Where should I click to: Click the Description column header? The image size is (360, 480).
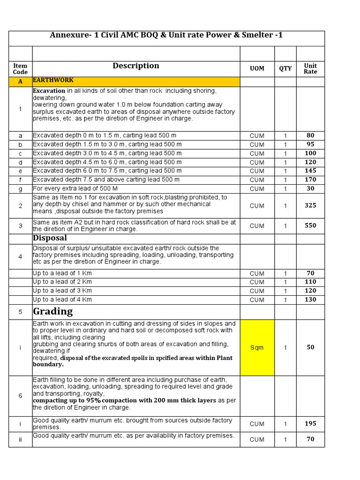pyautogui.click(x=136, y=66)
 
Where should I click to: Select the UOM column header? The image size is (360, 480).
pyautogui.click(x=257, y=68)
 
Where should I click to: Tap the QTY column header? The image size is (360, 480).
pyautogui.click(x=285, y=68)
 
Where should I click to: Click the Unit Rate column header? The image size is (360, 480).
pyautogui.click(x=310, y=68)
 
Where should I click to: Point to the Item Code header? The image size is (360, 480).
pyautogui.click(x=20, y=69)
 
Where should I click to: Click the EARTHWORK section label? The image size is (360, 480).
pyautogui.click(x=53, y=81)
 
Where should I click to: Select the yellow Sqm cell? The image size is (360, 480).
pyautogui.click(x=257, y=348)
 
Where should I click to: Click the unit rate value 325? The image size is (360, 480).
pyautogui.click(x=310, y=205)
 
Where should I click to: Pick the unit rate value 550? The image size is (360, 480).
pyautogui.click(x=310, y=225)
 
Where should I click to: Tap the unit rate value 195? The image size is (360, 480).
pyautogui.click(x=310, y=423)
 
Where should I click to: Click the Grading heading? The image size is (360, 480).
pyautogui.click(x=53, y=312)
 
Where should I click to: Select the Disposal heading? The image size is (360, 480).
pyautogui.click(x=50, y=239)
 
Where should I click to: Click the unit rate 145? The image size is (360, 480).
pyautogui.click(x=310, y=171)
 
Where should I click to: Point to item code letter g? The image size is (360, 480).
pyautogui.click(x=20, y=188)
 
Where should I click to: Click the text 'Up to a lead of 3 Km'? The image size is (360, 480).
pyautogui.click(x=62, y=291)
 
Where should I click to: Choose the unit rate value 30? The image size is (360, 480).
pyautogui.click(x=310, y=188)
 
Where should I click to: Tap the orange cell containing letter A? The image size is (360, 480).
pyautogui.click(x=20, y=82)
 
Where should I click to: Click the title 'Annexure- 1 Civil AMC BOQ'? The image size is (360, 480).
pyautogui.click(x=166, y=36)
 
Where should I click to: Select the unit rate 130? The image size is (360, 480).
pyautogui.click(x=310, y=300)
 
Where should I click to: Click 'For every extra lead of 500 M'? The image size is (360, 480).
pyautogui.click(x=75, y=188)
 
